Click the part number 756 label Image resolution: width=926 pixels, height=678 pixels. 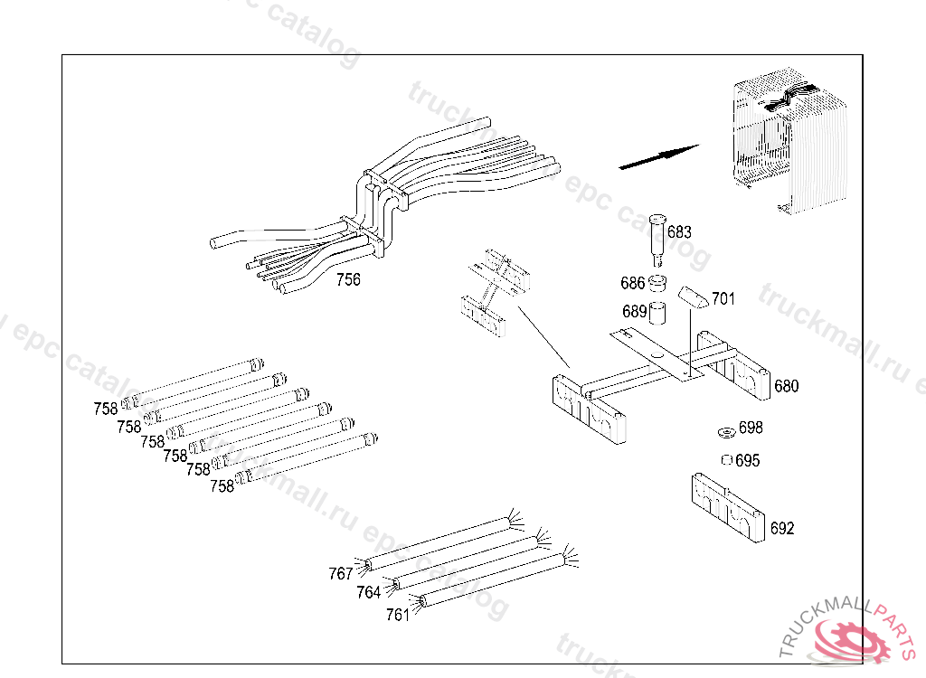tap(348, 279)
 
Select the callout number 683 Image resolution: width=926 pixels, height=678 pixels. tap(679, 232)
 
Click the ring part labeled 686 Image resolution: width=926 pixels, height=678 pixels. tap(659, 283)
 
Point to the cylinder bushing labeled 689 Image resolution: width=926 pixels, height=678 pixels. tap(659, 313)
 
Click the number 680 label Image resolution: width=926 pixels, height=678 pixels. tap(787, 386)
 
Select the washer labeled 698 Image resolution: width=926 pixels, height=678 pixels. tap(725, 428)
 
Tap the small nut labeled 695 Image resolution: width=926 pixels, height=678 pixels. tap(725, 460)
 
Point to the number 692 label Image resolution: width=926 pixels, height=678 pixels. tap(782, 528)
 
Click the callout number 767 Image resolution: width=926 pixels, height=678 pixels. tap(341, 573)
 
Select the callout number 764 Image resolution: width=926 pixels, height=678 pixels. tap(368, 592)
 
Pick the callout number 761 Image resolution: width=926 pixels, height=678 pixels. tap(398, 615)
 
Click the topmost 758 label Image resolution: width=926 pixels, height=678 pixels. tap(106, 409)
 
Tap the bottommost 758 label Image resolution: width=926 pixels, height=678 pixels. tap(222, 485)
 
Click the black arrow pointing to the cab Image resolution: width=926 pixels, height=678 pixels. tap(658, 156)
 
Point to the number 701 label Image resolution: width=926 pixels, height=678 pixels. tap(723, 297)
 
